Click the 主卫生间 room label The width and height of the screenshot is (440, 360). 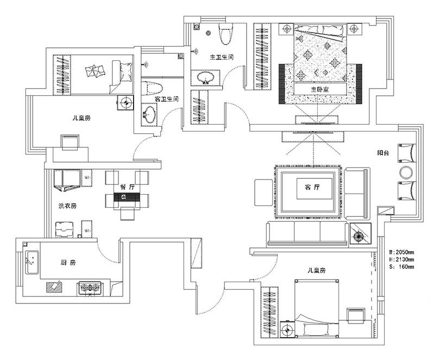tap(222, 57)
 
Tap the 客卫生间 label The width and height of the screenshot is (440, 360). tap(167, 100)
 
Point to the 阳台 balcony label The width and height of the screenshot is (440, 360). tap(384, 153)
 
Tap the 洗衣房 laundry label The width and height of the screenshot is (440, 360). tap(67, 206)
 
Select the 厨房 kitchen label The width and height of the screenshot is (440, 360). tap(67, 263)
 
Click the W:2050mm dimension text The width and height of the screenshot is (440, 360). tap(402, 253)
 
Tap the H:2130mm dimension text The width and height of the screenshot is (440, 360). tap(402, 260)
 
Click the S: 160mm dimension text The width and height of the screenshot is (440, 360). tap(402, 267)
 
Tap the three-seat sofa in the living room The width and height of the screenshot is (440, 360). tap(307, 233)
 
